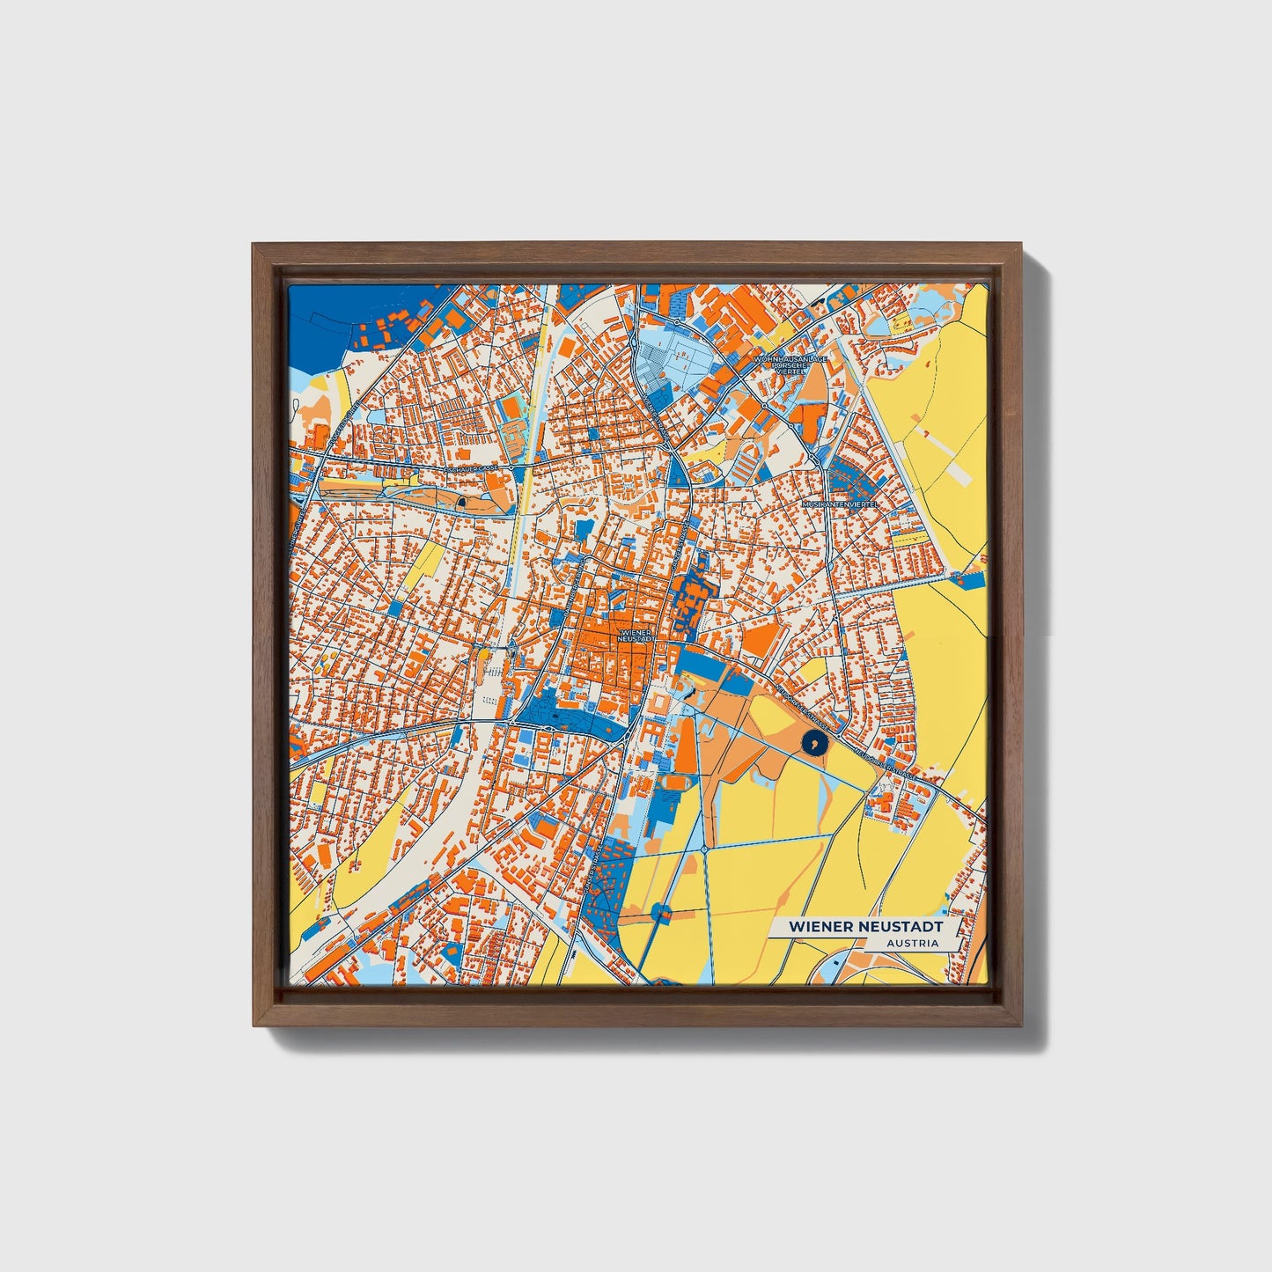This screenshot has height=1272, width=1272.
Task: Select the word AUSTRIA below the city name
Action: point(913,944)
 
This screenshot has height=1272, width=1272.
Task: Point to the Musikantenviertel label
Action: point(841,504)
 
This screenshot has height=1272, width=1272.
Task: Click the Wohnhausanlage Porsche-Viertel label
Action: point(790,365)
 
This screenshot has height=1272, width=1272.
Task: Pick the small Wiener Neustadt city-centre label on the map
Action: point(638,635)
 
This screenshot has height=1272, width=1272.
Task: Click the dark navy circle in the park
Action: point(815,744)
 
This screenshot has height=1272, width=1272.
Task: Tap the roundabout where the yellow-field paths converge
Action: point(705,848)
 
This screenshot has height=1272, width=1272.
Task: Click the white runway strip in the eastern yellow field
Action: point(959,473)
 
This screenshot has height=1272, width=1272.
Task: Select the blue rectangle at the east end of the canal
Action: point(972,580)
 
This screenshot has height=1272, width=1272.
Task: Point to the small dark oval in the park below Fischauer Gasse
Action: point(461,503)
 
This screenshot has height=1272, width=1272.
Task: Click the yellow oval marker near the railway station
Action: point(482,655)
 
